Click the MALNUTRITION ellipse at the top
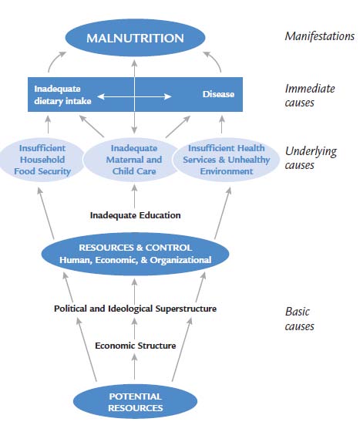[135, 38]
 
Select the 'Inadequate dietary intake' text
[62, 95]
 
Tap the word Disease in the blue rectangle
[218, 94]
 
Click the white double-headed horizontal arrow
[134, 96]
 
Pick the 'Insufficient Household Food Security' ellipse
[42, 160]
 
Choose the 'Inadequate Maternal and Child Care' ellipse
[134, 160]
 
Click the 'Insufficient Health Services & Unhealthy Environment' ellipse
[226, 160]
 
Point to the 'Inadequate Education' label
[135, 215]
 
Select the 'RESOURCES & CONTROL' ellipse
[135, 254]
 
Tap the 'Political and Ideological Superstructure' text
[135, 309]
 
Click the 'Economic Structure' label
[135, 346]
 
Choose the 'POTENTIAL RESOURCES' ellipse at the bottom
[135, 402]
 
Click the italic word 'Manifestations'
[320, 36]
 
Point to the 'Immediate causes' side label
[310, 96]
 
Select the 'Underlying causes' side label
[311, 158]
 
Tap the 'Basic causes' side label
[299, 319]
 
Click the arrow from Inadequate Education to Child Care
[134, 196]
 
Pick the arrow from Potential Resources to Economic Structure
[134, 366]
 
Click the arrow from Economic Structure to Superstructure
[134, 329]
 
